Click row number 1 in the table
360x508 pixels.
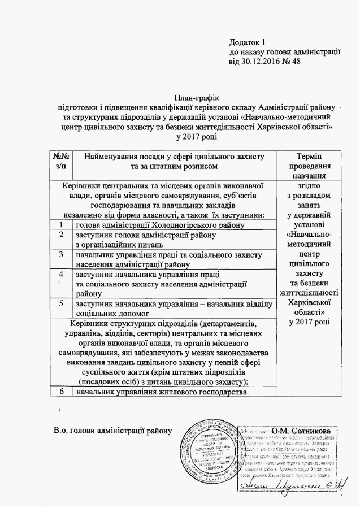click(61, 225)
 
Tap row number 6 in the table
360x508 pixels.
click(61, 391)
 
